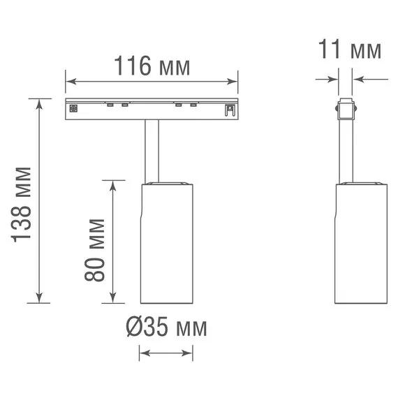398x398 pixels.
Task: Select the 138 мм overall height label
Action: tap(23, 204)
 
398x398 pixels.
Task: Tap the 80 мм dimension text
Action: tap(96, 249)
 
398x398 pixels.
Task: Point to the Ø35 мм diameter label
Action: tap(166, 327)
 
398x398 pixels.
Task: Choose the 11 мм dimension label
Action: tap(350, 50)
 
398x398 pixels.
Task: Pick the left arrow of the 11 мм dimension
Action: tap(327, 79)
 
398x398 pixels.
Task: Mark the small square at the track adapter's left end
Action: tap(72, 108)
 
